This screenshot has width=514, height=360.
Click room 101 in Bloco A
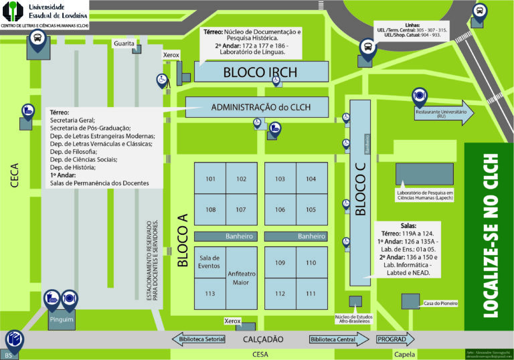coord(210,179)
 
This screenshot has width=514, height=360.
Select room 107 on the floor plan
coord(241,209)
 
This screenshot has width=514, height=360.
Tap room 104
coord(311,179)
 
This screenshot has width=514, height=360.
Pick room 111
coord(311,293)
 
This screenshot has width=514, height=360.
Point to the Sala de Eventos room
coord(209,262)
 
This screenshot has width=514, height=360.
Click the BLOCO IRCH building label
coord(260,72)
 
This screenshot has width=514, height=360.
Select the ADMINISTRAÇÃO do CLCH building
coord(256,107)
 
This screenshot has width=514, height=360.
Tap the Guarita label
coord(124,43)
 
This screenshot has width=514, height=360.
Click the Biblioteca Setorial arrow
coord(201,339)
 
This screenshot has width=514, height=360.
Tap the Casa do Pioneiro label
coord(440,303)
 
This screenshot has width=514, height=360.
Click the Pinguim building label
coord(61,319)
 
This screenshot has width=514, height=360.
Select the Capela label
coord(401,355)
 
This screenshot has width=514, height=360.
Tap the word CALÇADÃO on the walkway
coord(264,340)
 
